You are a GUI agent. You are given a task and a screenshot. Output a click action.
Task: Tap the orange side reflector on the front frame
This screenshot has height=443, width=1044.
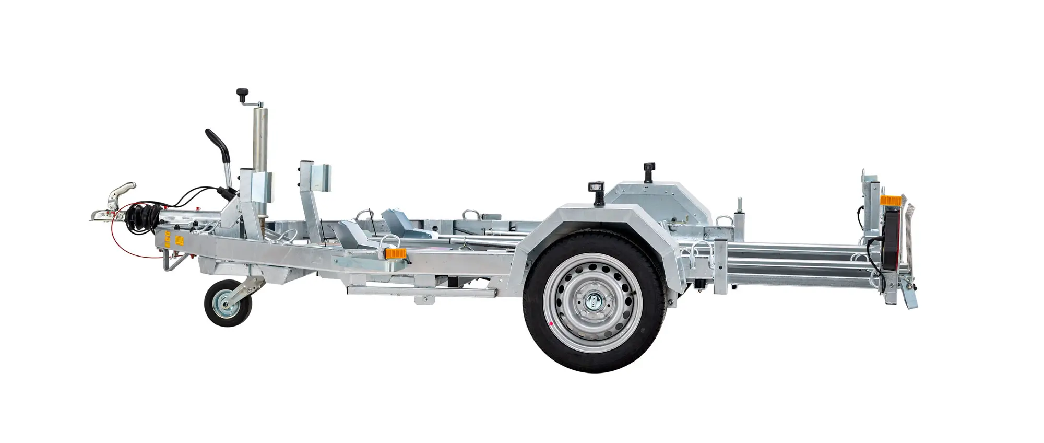(x=395, y=253)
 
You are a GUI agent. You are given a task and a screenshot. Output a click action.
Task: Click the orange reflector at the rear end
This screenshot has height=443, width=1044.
(x=888, y=200)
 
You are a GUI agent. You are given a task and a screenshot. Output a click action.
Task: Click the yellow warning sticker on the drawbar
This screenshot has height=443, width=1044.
(x=179, y=240)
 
